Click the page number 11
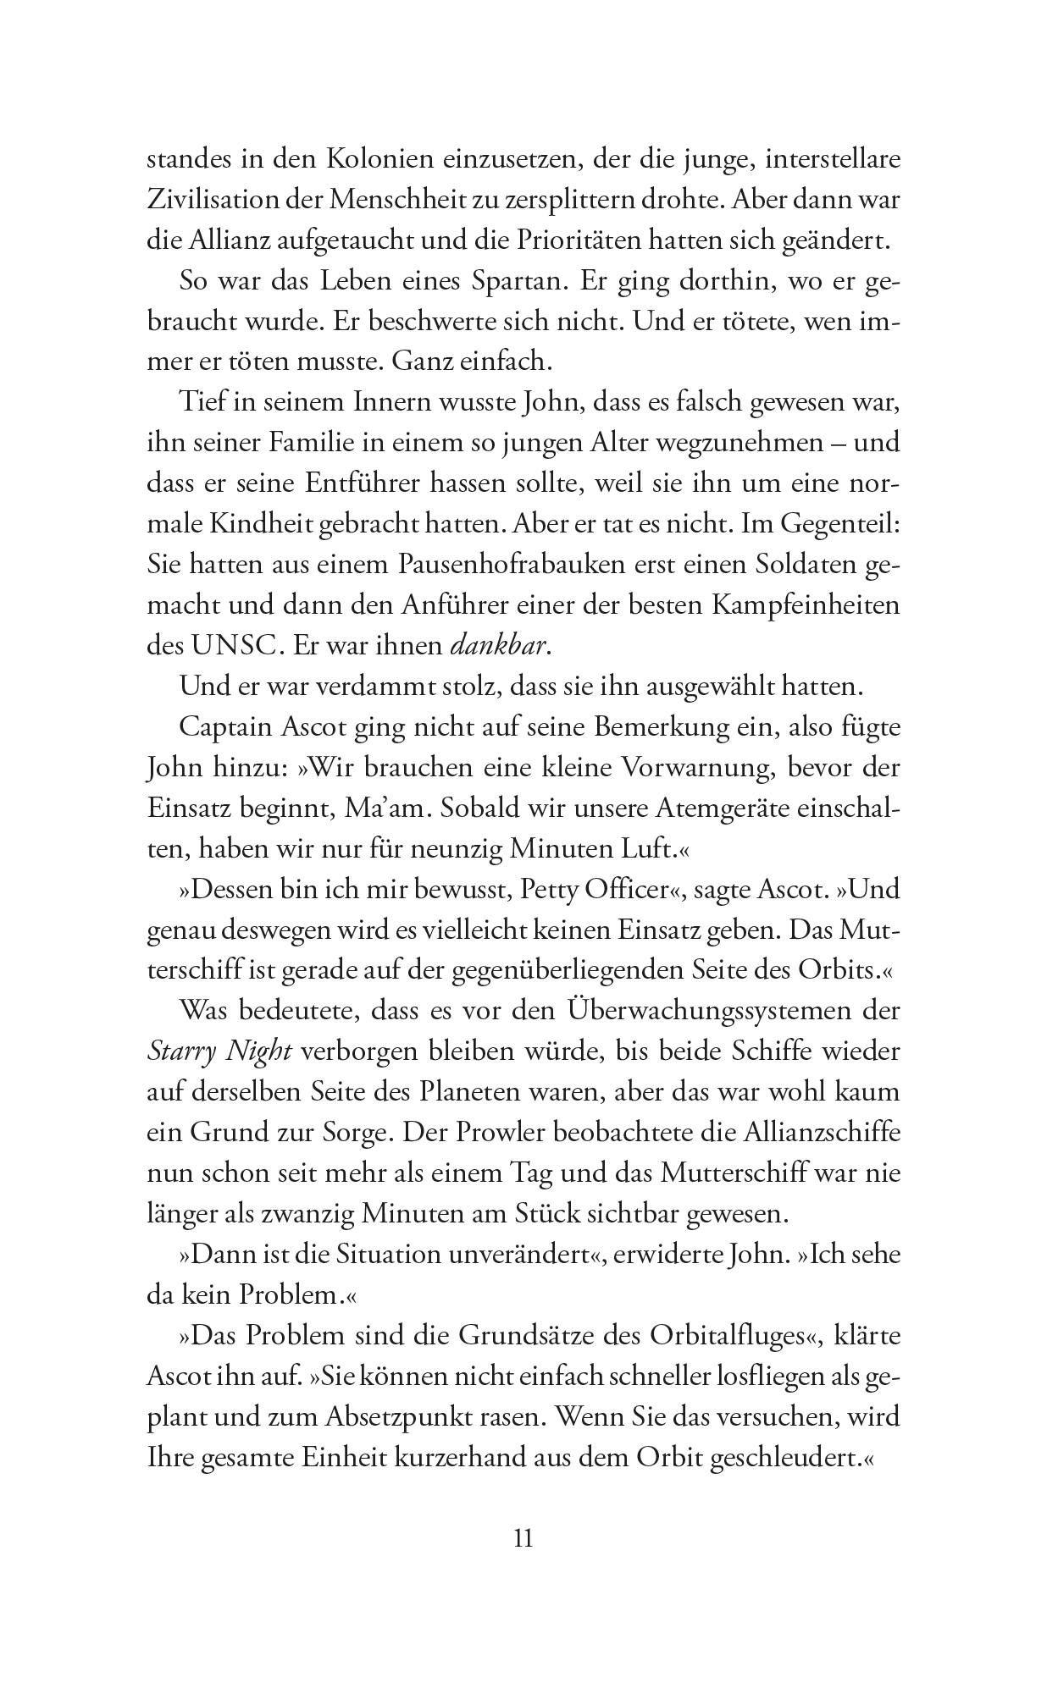tap(523, 1537)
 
